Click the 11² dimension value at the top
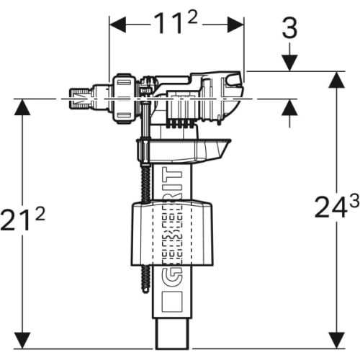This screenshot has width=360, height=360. (x=172, y=24)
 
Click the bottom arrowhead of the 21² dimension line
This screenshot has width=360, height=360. (x=24, y=337)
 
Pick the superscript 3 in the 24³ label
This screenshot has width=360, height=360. (x=354, y=202)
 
